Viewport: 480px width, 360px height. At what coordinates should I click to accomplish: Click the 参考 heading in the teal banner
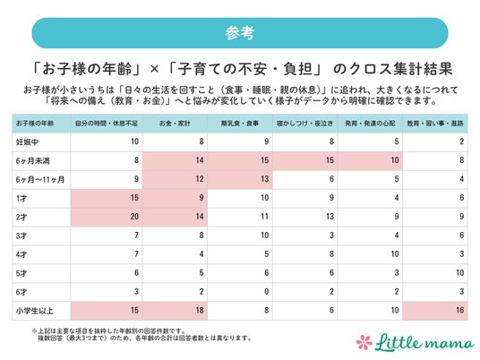click(x=240, y=33)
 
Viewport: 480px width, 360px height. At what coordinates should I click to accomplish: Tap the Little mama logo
click(x=416, y=342)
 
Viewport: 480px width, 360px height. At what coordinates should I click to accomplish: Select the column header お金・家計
click(x=175, y=124)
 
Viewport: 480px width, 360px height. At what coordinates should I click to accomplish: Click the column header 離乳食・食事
click(x=240, y=124)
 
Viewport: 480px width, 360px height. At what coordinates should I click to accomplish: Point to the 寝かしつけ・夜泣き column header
click(x=304, y=124)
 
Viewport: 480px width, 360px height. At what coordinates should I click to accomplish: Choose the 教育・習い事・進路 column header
click(x=435, y=124)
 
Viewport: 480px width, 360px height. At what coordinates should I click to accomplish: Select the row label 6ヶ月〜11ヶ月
click(x=40, y=179)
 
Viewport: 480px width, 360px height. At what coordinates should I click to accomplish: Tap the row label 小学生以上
click(x=35, y=311)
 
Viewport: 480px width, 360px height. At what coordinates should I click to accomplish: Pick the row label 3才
click(x=21, y=236)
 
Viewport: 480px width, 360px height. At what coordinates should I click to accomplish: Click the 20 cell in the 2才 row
click(x=134, y=217)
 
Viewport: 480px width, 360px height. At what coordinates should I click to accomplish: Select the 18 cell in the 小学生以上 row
click(x=200, y=311)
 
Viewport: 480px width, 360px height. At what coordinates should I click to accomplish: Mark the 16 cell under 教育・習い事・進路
click(x=459, y=311)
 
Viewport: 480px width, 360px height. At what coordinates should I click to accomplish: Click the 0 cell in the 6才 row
click(x=266, y=292)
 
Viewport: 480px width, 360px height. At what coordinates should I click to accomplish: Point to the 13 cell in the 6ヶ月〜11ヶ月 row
click(x=264, y=179)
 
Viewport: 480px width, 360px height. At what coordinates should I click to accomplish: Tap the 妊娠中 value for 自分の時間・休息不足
click(x=134, y=141)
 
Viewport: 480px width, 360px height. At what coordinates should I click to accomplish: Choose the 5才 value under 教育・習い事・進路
click(x=459, y=273)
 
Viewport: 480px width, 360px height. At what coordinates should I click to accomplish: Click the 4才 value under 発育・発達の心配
click(x=395, y=254)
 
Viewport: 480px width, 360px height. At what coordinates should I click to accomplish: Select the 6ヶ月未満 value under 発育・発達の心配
click(x=395, y=160)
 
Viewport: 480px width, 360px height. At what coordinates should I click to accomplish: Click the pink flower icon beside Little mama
click(x=364, y=342)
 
